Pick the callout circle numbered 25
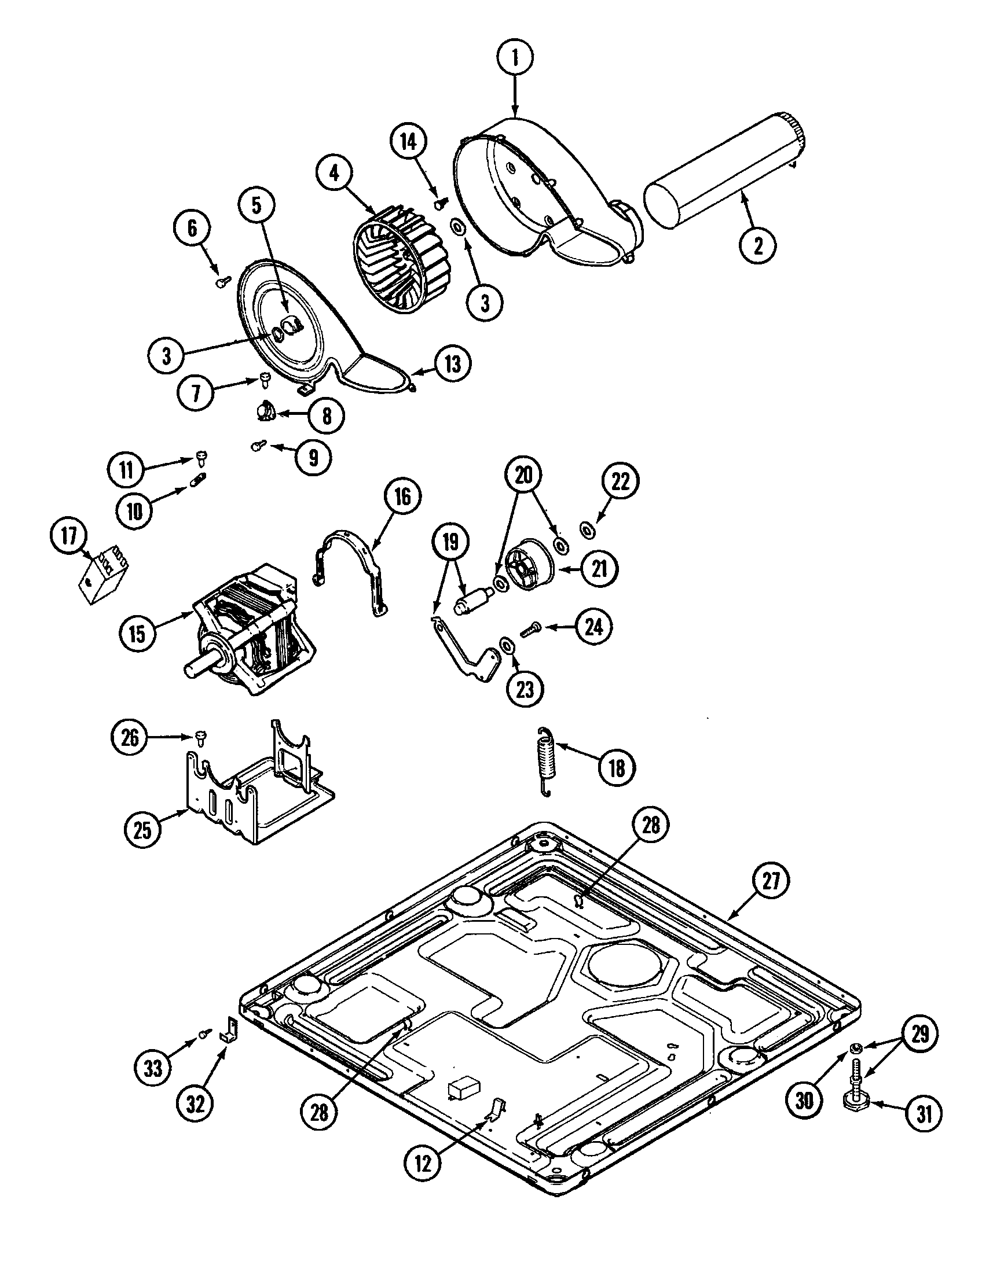point(143,829)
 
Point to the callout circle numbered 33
point(153,1068)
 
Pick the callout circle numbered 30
point(804,1100)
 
